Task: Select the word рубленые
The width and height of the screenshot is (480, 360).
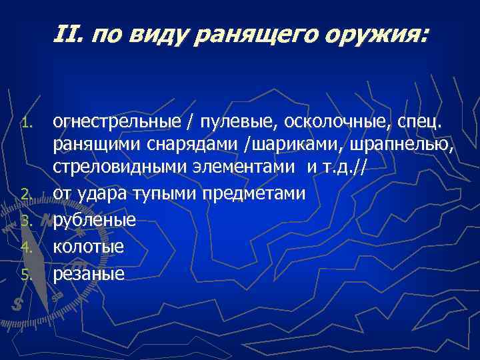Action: click(95, 220)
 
